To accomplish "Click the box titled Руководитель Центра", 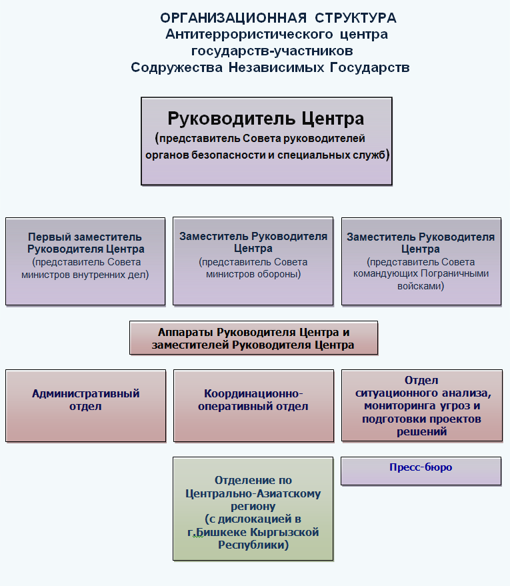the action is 267,141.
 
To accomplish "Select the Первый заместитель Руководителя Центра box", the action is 85,261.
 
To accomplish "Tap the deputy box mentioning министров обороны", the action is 253,261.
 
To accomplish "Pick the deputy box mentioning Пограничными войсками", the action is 421,261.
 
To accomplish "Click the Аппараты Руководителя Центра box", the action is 253,337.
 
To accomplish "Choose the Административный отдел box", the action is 85,406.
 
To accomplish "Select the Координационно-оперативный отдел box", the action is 253,406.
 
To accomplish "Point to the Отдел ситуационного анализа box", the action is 422,405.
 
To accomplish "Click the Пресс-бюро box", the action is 421,471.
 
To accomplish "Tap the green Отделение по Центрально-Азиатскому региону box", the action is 253,509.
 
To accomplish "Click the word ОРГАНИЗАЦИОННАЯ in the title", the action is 233,18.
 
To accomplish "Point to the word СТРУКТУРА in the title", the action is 355,18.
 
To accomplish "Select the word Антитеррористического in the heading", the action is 249,35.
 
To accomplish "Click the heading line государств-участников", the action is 272,51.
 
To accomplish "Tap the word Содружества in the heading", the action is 177,67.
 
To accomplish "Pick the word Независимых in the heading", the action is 277,67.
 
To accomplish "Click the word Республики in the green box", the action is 253,545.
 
